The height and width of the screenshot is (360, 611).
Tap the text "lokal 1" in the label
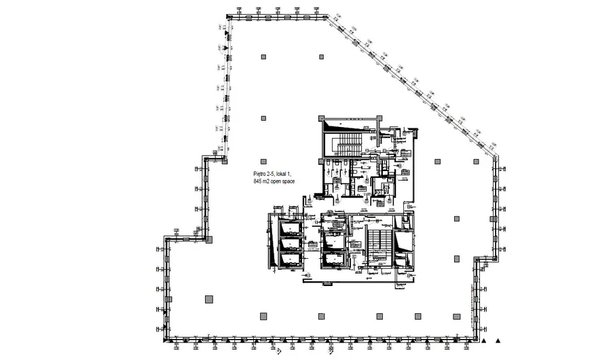[286, 175]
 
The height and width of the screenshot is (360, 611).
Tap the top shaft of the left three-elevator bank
[288, 228]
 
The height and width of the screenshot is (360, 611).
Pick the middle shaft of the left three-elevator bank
[288, 243]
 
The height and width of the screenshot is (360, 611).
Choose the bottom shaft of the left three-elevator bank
[288, 259]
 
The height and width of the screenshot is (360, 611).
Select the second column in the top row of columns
[320, 57]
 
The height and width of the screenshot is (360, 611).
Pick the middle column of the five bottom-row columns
[379, 315]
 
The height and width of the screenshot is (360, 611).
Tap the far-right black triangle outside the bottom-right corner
[499, 340]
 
